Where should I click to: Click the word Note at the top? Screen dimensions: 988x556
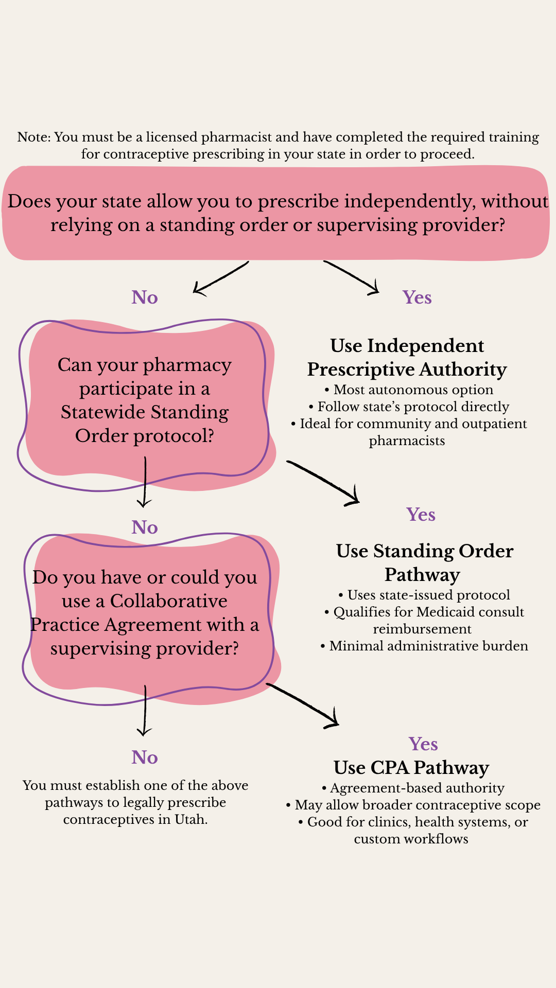coord(33,137)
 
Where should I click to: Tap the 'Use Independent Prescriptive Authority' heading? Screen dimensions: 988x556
coord(407,358)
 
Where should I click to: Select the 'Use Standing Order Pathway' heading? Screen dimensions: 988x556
coord(424,562)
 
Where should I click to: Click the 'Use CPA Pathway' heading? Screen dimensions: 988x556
coord(411,767)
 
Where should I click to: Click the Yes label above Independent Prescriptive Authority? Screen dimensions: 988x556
coord(417,297)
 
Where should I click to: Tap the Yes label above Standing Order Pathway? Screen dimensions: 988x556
coord(421,515)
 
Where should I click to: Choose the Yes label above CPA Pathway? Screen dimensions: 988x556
coord(423,744)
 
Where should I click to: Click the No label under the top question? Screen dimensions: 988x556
coord(145,297)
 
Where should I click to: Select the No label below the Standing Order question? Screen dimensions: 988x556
coord(145,527)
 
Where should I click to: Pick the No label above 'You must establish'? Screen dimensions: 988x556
coord(145,757)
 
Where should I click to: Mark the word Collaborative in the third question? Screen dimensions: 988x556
coord(168,601)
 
